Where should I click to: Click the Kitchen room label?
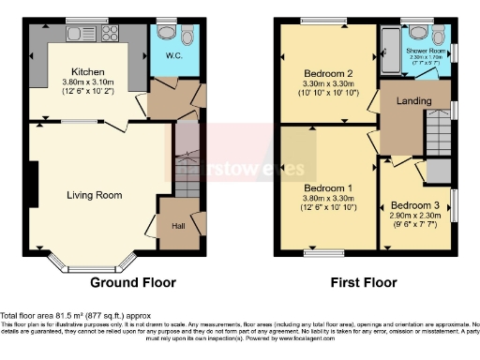[90, 71]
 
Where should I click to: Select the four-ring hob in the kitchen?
[109, 33]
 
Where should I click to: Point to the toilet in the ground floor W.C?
[166, 34]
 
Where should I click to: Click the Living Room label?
[94, 195]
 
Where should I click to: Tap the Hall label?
[178, 225]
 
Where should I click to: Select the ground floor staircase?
[187, 169]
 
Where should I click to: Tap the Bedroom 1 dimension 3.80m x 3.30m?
[327, 199]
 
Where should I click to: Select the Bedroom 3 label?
[414, 205]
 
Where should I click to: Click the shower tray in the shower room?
[388, 52]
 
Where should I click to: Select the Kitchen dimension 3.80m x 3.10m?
[90, 82]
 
